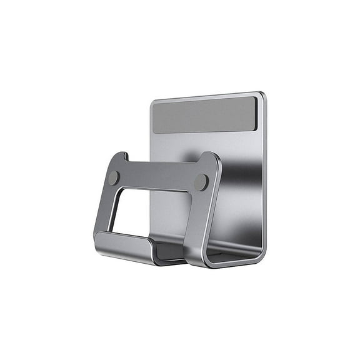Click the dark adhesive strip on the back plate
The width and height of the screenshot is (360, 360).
point(204,115)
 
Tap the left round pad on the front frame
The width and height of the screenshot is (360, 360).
point(113,178)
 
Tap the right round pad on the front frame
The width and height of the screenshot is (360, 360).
point(201,182)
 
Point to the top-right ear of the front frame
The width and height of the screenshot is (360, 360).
point(211,158)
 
